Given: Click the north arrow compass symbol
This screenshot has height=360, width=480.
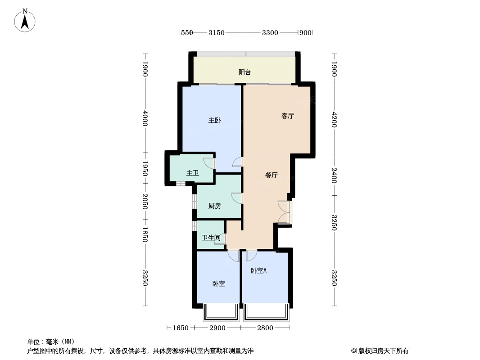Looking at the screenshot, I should pos(25,20).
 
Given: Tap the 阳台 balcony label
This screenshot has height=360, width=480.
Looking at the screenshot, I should pos(245,72).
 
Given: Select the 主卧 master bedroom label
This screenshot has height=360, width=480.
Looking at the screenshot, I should pos(214,121).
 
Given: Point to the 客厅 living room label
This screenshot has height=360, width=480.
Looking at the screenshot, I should pos(287,116).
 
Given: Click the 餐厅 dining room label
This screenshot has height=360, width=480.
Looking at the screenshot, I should pos(271,175).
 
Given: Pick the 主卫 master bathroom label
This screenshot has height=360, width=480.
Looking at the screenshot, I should pos(193,173).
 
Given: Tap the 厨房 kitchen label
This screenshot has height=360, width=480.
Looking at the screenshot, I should pos(215,206).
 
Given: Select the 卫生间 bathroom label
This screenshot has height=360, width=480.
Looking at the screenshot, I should pos(211,238).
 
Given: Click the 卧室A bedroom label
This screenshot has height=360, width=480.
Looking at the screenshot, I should pos(259,271).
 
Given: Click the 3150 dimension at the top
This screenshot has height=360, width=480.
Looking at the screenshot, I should pos(217,32).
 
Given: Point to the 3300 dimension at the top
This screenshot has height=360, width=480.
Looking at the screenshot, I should pos(270,32).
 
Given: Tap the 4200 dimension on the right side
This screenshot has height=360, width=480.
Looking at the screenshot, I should pos(334,120).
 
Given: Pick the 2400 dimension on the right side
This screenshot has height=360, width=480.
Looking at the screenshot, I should pos(334,175).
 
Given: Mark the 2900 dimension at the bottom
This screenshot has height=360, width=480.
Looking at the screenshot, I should pos(217,328).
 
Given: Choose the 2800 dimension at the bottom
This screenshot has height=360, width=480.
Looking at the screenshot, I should pos(265,328).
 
